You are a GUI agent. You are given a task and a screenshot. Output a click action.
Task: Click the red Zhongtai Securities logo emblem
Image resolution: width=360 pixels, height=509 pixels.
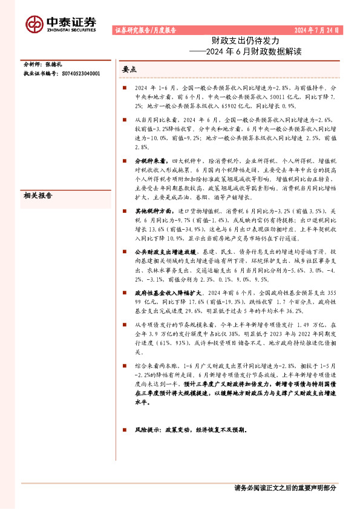point(34,23)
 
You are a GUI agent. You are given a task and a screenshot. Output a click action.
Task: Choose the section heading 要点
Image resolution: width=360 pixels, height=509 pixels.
point(129,70)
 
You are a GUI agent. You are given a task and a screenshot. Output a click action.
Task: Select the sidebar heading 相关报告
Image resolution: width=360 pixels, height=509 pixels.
point(36,195)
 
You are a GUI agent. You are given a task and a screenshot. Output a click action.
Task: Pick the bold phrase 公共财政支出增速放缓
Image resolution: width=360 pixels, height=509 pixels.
point(165,249)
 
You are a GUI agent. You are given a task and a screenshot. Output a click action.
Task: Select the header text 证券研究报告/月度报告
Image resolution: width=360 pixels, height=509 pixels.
point(145,30)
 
